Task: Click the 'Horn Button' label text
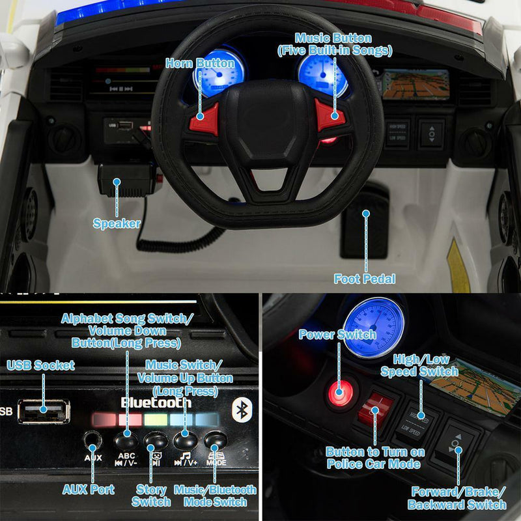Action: point(200,63)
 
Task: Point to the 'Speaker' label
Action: point(117,223)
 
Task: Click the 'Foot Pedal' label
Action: point(365,279)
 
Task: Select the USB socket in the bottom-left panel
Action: point(44,412)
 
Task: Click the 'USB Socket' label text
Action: point(40,365)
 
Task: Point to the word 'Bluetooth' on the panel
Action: point(156,402)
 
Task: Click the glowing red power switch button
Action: point(340,392)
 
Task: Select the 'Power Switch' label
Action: point(337,335)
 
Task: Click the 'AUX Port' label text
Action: point(89,489)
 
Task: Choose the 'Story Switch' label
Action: point(151,495)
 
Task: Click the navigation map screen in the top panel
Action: point(415,84)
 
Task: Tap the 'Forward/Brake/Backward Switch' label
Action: point(457,498)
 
